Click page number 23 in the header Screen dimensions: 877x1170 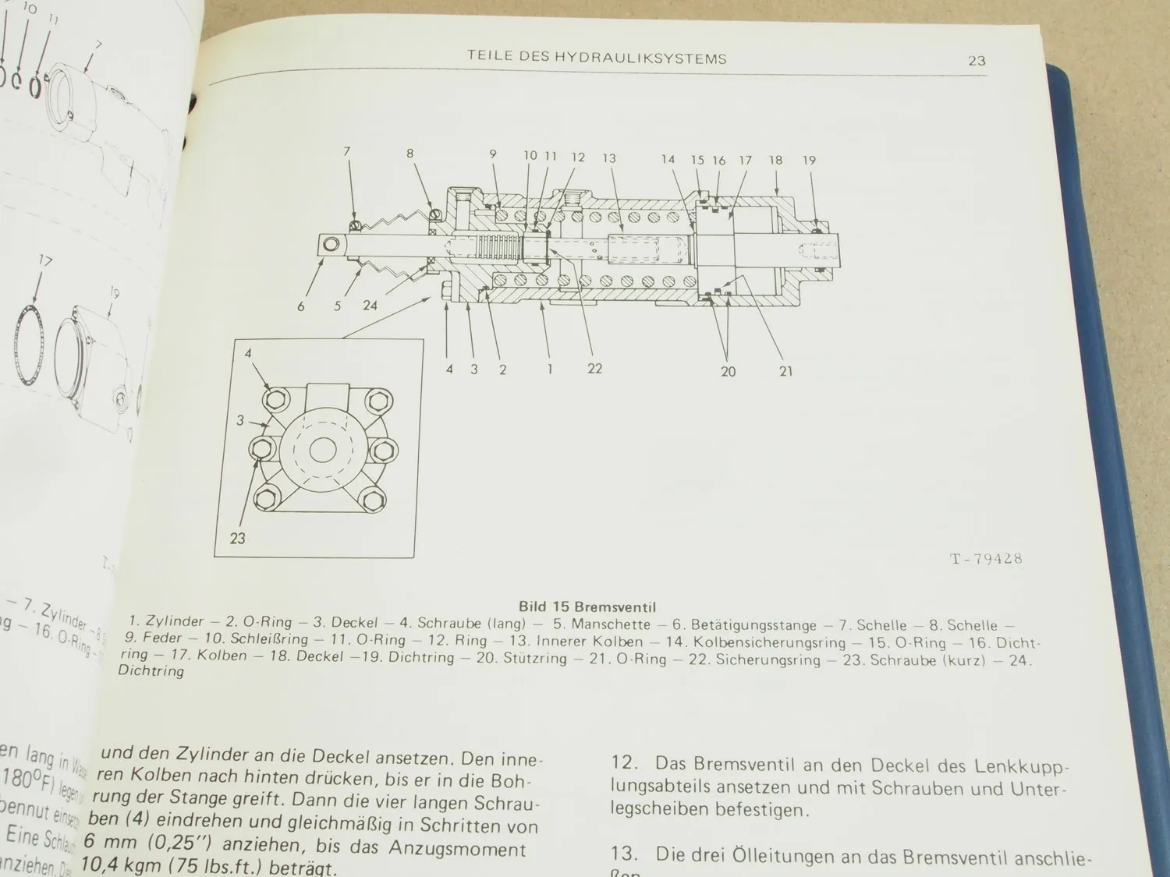(x=977, y=61)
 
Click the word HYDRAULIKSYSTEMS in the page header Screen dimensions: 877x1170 (x=640, y=58)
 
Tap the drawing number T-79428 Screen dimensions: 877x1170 (x=986, y=559)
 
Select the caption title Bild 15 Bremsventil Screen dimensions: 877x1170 (x=587, y=606)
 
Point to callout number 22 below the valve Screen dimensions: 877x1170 (x=595, y=369)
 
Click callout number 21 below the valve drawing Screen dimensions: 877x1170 (x=785, y=371)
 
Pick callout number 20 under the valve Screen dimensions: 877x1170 (x=728, y=372)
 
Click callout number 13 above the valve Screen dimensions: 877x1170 (x=609, y=158)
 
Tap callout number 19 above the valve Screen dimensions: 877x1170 (x=809, y=161)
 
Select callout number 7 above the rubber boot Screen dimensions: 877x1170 (x=347, y=151)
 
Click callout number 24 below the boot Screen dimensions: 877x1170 (x=370, y=306)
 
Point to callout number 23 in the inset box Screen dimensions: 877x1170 (x=237, y=538)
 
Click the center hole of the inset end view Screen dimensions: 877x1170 (x=321, y=451)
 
